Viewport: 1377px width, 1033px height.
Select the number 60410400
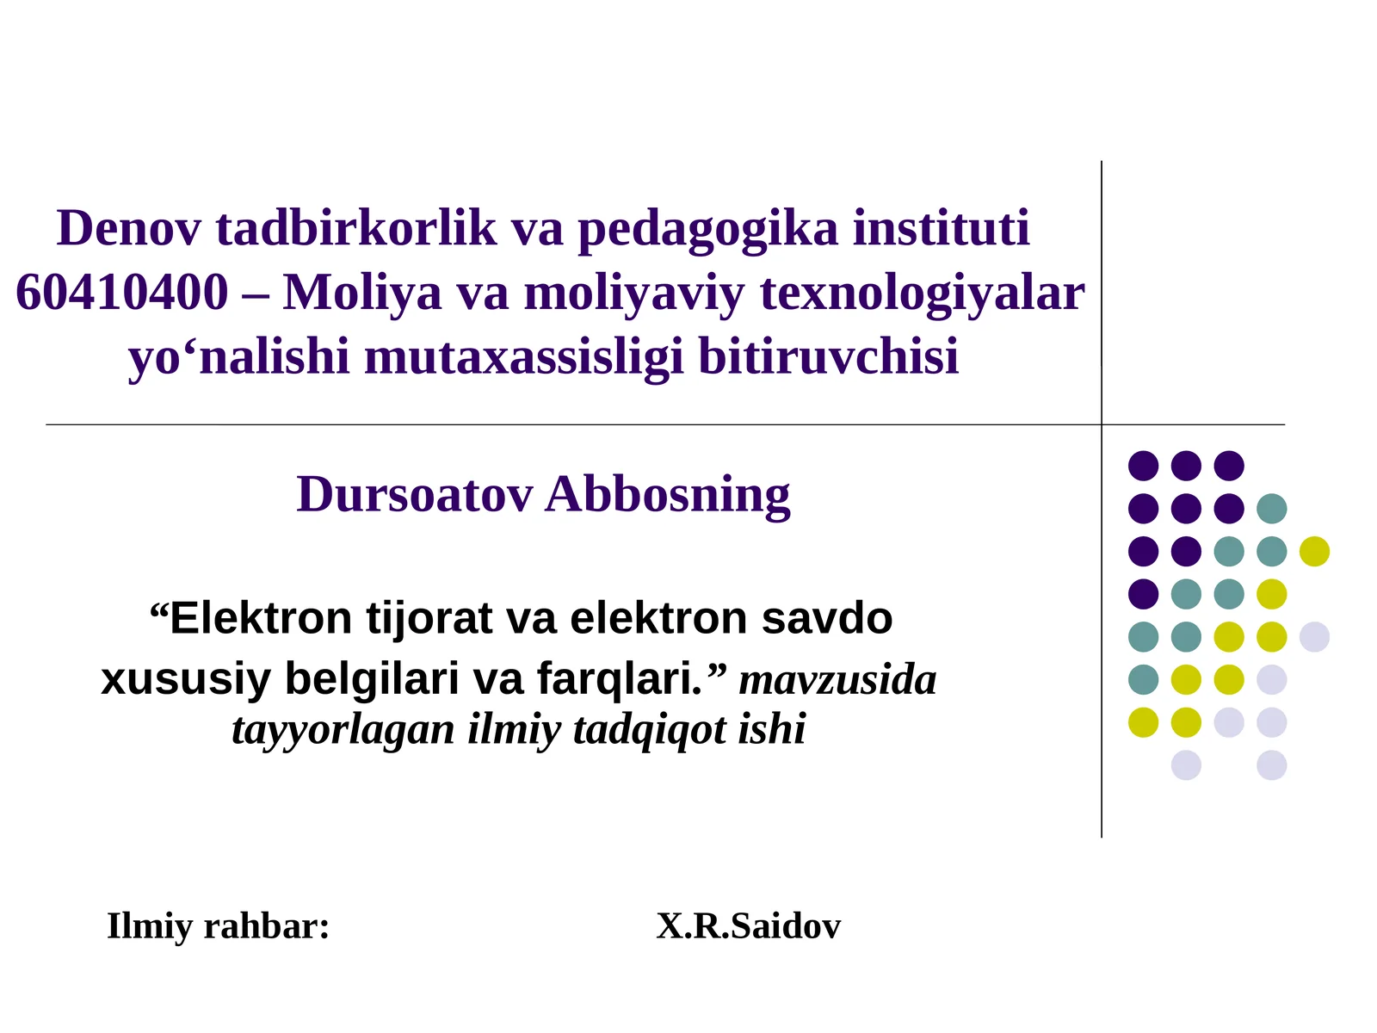[x=121, y=293]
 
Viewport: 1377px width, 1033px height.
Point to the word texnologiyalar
[x=922, y=293]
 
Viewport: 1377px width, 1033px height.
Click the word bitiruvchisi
[x=828, y=357]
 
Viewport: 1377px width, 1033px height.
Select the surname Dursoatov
[x=415, y=495]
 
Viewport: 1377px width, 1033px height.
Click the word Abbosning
[x=668, y=495]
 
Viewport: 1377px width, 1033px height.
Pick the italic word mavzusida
[x=837, y=680]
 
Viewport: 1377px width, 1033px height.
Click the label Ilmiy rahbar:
[x=218, y=927]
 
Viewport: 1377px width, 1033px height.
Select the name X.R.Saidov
[x=748, y=927]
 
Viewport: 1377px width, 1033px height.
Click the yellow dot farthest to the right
[x=1314, y=551]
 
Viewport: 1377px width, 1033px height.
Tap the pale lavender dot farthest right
[x=1314, y=637]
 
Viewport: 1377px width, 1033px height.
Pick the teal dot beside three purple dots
[x=1271, y=509]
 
